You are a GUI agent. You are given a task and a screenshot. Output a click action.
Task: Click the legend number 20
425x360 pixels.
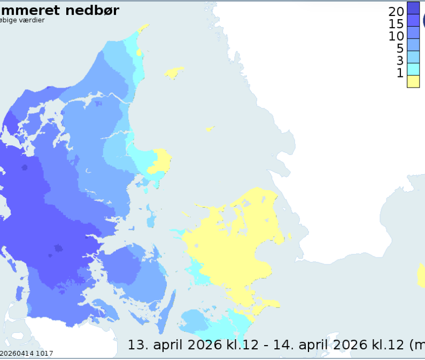pyautogui.click(x=396, y=11)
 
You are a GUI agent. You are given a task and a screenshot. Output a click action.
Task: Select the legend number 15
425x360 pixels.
pyautogui.click(x=396, y=24)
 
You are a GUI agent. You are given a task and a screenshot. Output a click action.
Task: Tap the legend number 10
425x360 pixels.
pyautogui.click(x=396, y=36)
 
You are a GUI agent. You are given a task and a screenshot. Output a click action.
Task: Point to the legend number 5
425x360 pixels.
pyautogui.click(x=399, y=48)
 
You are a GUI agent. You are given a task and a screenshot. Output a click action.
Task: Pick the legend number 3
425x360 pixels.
pyautogui.click(x=399, y=60)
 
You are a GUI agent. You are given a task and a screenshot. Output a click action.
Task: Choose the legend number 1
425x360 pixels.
pyautogui.click(x=400, y=73)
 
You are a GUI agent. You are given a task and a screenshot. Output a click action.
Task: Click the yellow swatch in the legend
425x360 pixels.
pyautogui.click(x=413, y=81)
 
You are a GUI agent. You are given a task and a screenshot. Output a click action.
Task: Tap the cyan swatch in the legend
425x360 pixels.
pyautogui.click(x=413, y=69)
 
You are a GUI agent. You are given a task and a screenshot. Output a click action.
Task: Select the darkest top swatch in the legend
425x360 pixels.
pyautogui.click(x=413, y=7)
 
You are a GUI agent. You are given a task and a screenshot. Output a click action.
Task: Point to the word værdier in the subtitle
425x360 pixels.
pyautogui.click(x=30, y=20)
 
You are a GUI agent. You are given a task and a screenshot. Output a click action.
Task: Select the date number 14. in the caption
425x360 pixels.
pyautogui.click(x=284, y=345)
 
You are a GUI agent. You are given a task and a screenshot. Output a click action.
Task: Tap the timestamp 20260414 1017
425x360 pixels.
pyautogui.click(x=27, y=354)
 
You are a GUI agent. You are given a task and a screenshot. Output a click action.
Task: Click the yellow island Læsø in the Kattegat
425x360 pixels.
pyautogui.click(x=174, y=72)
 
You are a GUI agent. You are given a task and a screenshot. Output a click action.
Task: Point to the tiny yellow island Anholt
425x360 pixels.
pyautogui.click(x=210, y=129)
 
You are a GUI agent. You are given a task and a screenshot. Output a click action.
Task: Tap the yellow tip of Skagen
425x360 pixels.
pyautogui.click(x=143, y=28)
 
